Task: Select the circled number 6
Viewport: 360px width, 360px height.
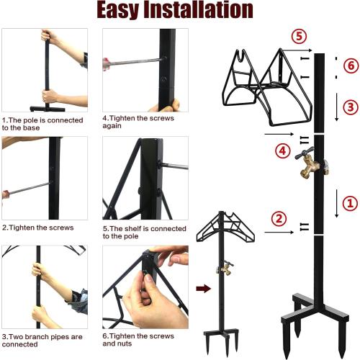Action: point(350,66)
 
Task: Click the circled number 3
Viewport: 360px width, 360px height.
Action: point(350,107)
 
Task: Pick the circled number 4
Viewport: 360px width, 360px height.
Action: point(282,151)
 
